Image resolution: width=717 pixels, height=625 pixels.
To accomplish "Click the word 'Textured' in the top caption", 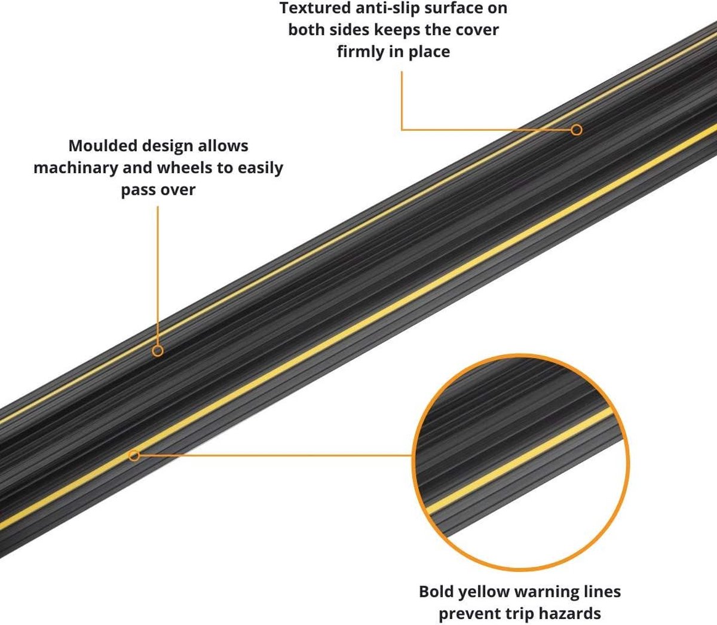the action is [315, 8].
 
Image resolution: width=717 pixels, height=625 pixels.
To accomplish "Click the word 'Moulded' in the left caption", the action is [102, 146].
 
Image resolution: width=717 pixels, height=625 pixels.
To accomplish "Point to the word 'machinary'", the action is [76, 168].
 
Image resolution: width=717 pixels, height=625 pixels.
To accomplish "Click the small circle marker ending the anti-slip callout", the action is [577, 130].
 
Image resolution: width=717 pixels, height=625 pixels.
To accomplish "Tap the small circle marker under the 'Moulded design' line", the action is [158, 351].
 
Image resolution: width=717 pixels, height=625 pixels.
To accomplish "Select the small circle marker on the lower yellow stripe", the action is [134, 456].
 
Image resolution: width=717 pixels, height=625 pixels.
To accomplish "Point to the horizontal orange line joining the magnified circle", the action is [275, 455].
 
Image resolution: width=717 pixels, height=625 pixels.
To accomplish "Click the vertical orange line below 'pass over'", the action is [158, 275].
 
